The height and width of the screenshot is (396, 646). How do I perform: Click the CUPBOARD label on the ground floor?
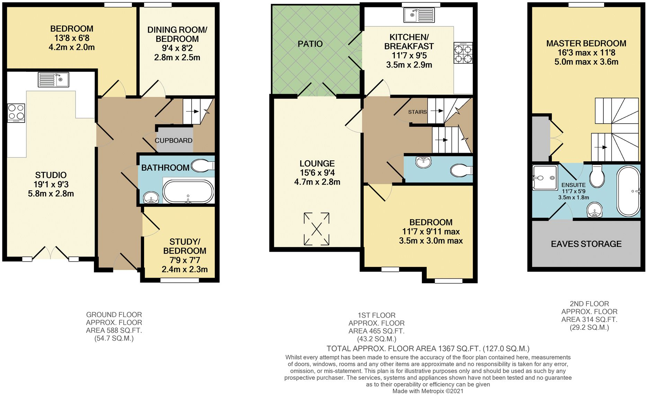click(173, 141)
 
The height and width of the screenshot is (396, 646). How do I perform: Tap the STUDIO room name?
click(51, 175)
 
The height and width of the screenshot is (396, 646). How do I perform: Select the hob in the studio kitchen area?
click(16, 113)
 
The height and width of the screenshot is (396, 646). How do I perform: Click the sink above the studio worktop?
click(53, 80)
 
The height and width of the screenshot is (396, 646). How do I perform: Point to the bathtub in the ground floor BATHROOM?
click(188, 191)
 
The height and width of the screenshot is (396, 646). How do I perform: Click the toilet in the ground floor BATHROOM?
click(202, 166)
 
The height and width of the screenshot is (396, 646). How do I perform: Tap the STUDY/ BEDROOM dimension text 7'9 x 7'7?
click(185, 260)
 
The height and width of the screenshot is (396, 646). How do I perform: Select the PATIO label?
click(310, 44)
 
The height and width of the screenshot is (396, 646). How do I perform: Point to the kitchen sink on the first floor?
click(419, 15)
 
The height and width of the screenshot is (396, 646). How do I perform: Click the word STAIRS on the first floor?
click(417, 112)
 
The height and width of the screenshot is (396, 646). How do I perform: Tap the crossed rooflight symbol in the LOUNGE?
click(317, 229)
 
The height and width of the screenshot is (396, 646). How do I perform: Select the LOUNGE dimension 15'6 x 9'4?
click(317, 173)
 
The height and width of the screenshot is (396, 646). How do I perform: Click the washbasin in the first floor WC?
click(423, 162)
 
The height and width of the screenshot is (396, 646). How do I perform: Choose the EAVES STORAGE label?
click(586, 244)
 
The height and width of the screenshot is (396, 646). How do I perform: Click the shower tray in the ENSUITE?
click(545, 178)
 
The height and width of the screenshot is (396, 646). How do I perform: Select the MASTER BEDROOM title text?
click(586, 44)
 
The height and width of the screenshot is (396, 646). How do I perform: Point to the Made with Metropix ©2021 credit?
click(428, 391)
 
